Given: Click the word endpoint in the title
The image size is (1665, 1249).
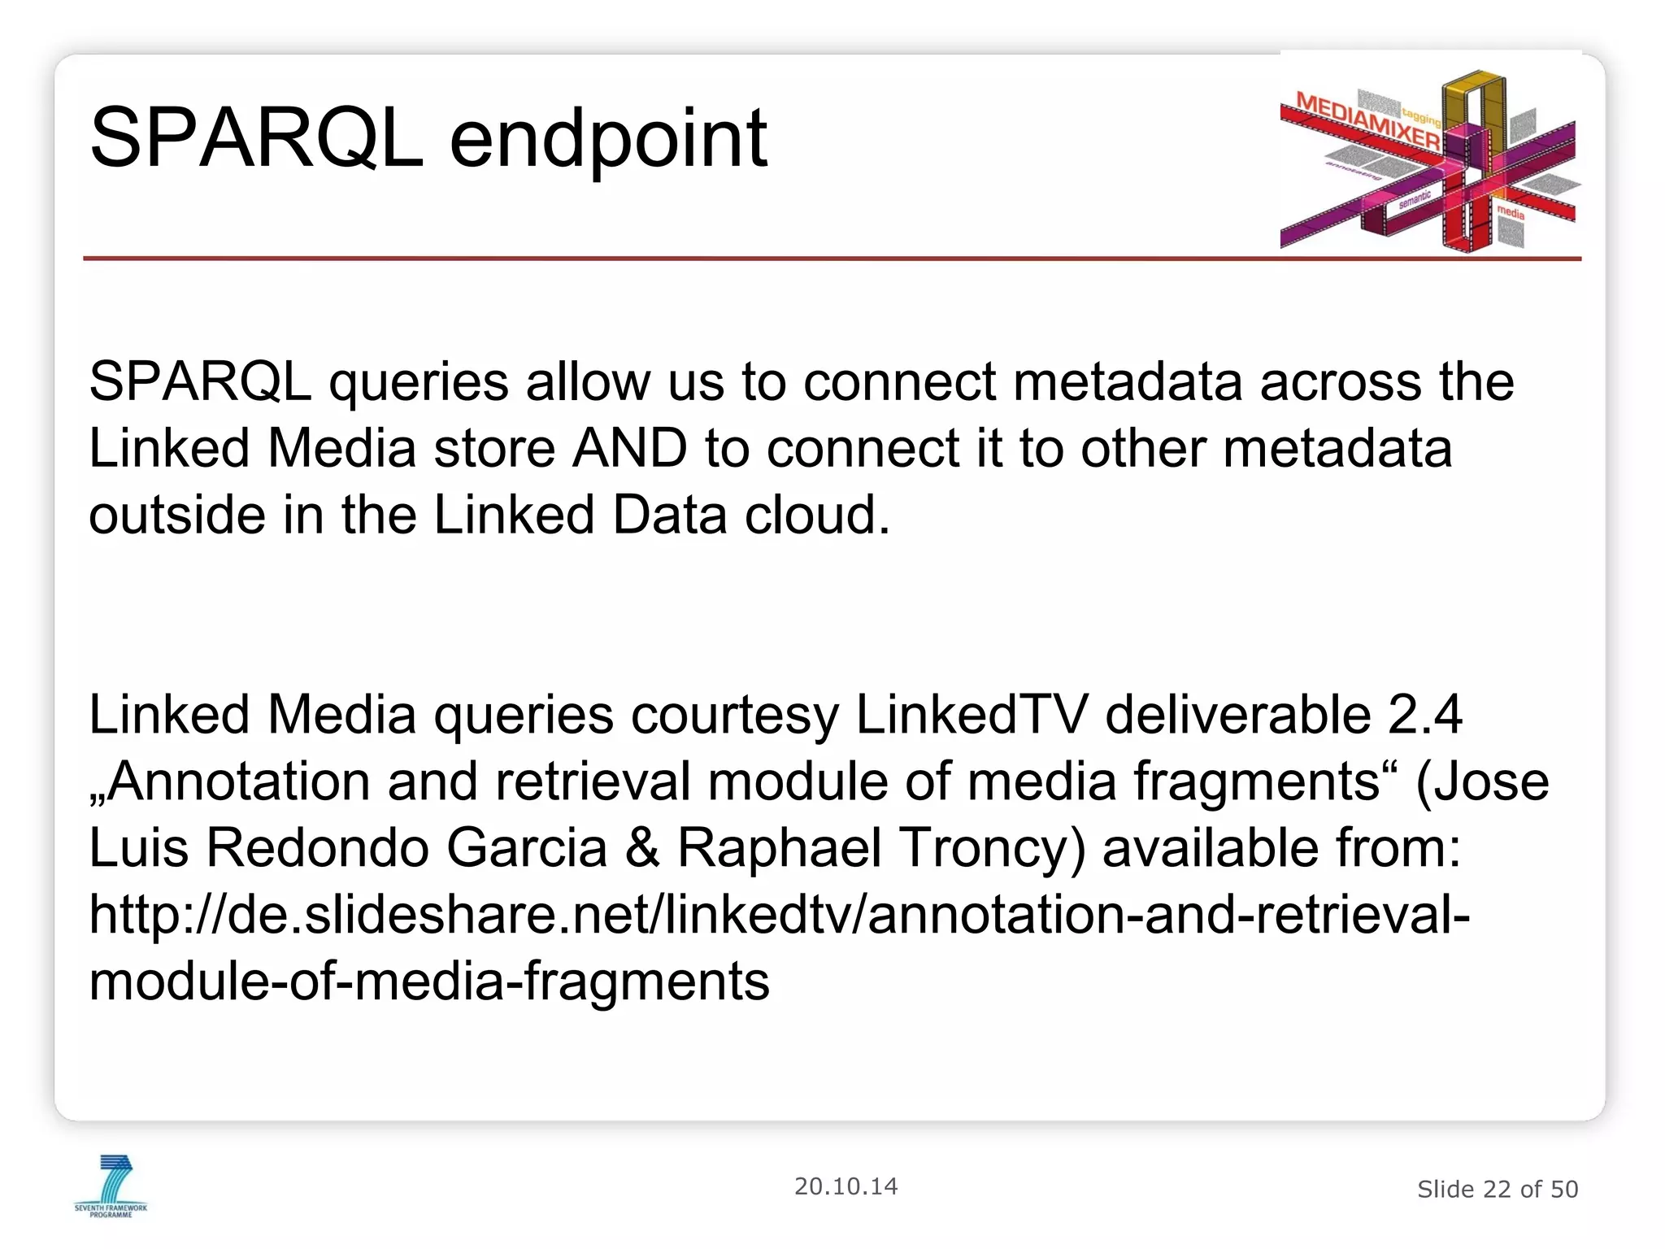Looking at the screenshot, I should pyautogui.click(x=608, y=140).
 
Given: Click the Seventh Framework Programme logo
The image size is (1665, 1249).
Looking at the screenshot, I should pyautogui.click(x=111, y=1186).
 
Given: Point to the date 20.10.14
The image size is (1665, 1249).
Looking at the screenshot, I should pyautogui.click(x=846, y=1186).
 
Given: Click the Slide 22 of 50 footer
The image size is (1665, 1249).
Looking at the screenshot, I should pyautogui.click(x=1497, y=1190).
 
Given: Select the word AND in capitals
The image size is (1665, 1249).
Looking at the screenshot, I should pyautogui.click(x=629, y=449).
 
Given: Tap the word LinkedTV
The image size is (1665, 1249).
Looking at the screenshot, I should pyautogui.click(x=971, y=716).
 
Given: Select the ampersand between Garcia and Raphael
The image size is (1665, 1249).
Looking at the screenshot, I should pyautogui.click(x=642, y=849).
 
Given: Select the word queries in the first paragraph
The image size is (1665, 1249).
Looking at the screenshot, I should pyautogui.click(x=418, y=382).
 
